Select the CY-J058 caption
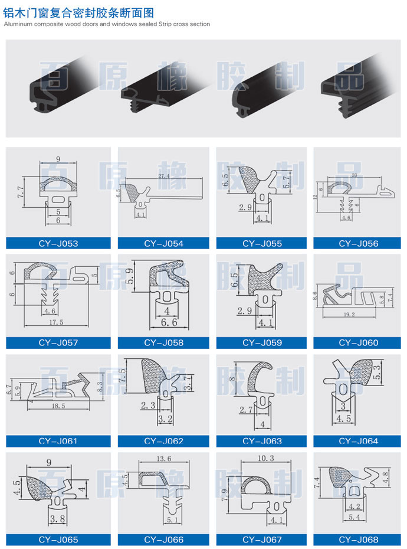(163, 342)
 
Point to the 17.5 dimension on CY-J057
(58, 322)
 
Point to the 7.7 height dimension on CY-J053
(21, 189)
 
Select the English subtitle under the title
(106, 24)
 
